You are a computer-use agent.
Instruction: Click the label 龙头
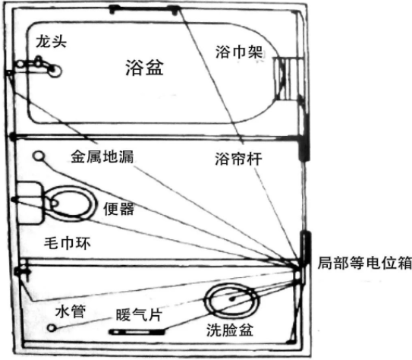[51, 42]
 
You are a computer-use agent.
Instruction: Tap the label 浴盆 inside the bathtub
[144, 68]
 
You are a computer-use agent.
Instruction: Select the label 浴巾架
[239, 52]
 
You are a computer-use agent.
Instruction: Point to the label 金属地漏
[102, 156]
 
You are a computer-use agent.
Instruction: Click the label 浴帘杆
[238, 159]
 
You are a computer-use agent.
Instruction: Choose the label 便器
[119, 209]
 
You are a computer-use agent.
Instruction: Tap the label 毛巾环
[68, 243]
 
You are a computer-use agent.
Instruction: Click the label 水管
[71, 312]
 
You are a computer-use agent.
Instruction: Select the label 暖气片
[139, 314]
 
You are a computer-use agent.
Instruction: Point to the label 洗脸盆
[230, 330]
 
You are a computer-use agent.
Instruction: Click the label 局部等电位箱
[365, 263]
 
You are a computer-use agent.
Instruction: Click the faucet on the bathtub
[39, 66]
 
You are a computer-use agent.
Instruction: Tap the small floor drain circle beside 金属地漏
[39, 156]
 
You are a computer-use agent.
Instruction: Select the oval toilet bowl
[70, 204]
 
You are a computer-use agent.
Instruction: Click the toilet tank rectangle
[29, 203]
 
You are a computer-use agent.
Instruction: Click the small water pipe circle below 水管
[52, 328]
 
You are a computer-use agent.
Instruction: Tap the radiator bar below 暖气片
[137, 332]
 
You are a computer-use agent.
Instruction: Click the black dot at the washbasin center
[232, 298]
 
